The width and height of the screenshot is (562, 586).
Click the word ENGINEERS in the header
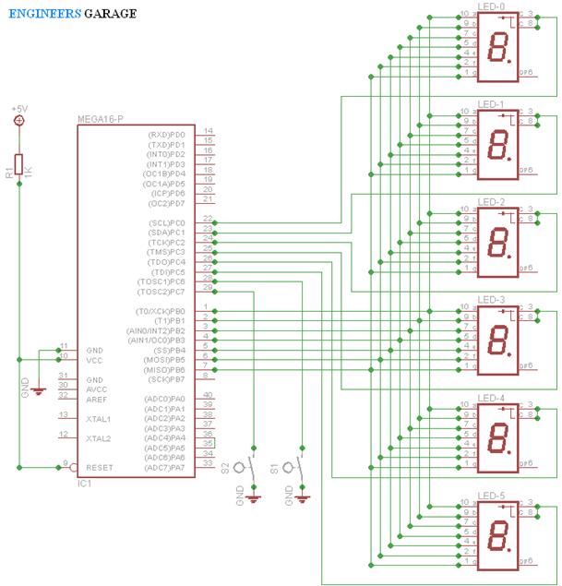click(x=41, y=14)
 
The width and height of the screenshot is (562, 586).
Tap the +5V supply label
click(x=19, y=109)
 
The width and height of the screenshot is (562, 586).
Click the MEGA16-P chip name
click(x=101, y=120)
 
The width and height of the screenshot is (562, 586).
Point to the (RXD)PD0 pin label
click(x=167, y=135)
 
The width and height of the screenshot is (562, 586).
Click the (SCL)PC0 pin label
click(x=167, y=223)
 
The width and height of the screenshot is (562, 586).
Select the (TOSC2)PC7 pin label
click(x=163, y=291)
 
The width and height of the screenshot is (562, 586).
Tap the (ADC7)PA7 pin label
click(x=166, y=468)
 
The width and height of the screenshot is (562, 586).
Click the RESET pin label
click(x=99, y=468)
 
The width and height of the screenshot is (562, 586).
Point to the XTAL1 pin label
click(x=99, y=419)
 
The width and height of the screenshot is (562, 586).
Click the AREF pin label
click(x=97, y=399)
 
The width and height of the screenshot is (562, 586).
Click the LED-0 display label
click(x=492, y=6)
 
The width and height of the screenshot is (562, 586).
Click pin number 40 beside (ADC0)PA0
click(x=208, y=395)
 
